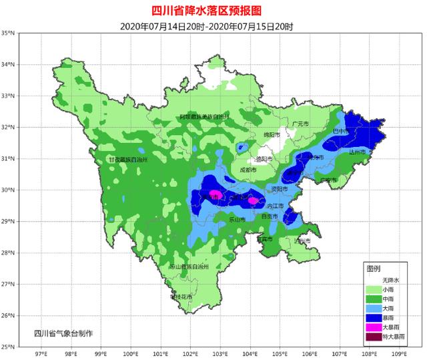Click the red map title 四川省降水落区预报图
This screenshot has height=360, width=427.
(213, 10)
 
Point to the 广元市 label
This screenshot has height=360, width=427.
(301, 124)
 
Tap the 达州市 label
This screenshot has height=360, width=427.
(358, 152)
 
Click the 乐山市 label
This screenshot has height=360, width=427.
(238, 219)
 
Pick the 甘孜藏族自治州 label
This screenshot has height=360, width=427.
(127, 160)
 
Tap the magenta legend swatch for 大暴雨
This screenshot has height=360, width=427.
(373, 327)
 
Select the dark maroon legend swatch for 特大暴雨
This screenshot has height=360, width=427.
(373, 337)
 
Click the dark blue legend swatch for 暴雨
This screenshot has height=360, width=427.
(373, 317)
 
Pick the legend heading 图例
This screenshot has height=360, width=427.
(374, 268)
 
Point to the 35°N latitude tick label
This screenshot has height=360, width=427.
(9, 33)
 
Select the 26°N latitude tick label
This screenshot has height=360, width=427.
(9, 316)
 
